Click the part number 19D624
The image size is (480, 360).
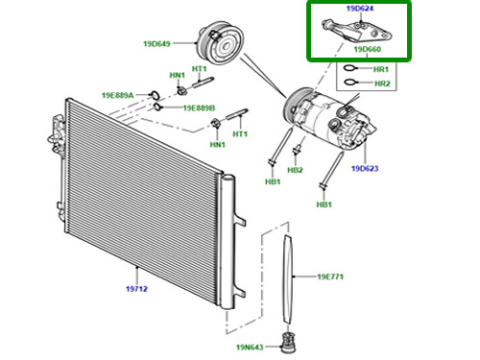[x=360, y=9]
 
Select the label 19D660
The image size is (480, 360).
[x=367, y=49]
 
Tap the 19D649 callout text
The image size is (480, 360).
[x=156, y=43]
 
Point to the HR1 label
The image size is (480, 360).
[x=381, y=69]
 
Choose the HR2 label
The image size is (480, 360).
[x=382, y=84]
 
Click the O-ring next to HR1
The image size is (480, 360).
[x=349, y=68]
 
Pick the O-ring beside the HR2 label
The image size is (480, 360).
[x=350, y=83]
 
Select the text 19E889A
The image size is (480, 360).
[x=117, y=95]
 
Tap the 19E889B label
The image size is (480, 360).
[x=199, y=108]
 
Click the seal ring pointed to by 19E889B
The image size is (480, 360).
[x=157, y=107]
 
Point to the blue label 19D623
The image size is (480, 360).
[x=365, y=168]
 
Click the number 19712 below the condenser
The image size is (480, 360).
[x=136, y=289]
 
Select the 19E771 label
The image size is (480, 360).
[x=330, y=276]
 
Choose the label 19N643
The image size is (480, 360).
[x=250, y=348]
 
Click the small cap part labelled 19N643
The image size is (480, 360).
[x=288, y=343]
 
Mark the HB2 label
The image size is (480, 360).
[x=295, y=170]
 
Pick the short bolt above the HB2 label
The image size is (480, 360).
[x=298, y=150]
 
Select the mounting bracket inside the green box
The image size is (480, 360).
[x=357, y=32]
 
